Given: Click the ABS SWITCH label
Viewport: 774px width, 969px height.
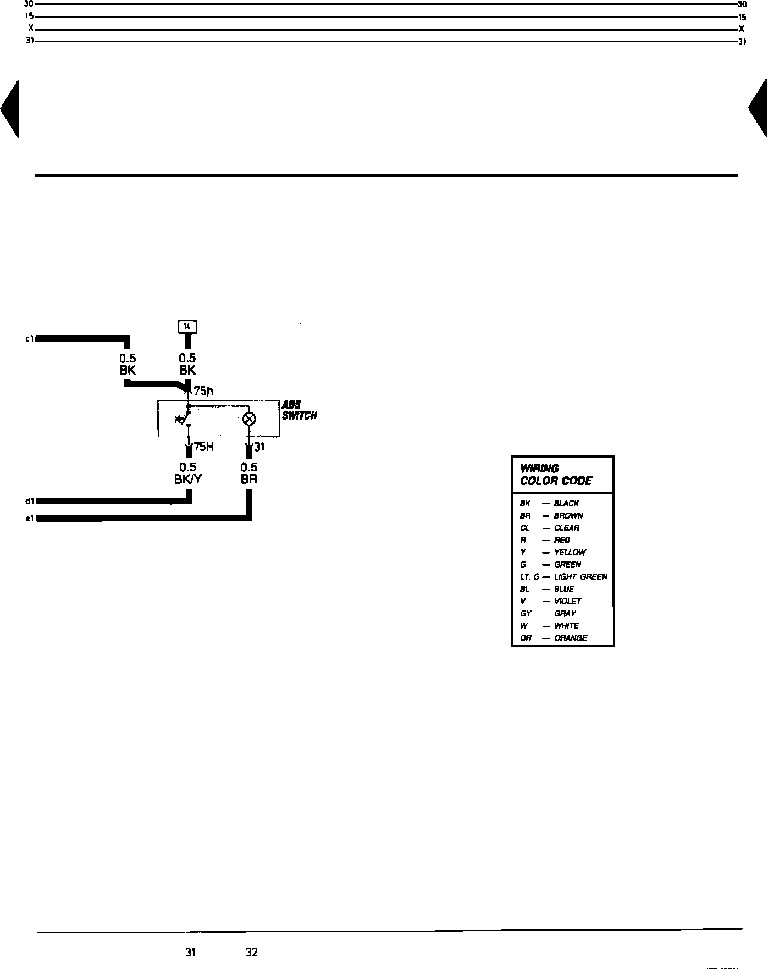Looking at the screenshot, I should pos(299,410).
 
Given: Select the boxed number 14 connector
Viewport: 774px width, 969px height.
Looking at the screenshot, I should pos(187,327).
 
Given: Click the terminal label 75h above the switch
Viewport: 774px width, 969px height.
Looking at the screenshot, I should pos(203,392).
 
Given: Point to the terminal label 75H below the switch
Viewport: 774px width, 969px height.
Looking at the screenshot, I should pos(203,447).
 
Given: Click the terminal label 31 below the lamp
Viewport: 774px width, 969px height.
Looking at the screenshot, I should pos(259,447).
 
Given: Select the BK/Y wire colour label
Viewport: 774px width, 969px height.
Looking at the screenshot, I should pos(188,479).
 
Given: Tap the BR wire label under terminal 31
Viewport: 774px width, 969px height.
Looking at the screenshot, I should pos(249,479).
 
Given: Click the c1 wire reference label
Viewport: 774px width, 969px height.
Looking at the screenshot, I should pos(30,339).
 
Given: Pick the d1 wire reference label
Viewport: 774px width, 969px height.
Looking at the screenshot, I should pos(30,501).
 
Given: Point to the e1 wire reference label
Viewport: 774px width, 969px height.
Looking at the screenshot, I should pos(30,519).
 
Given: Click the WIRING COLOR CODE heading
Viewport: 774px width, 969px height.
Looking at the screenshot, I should pos(556,475).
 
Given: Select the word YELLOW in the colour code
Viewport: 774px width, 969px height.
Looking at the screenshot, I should pos(570,552).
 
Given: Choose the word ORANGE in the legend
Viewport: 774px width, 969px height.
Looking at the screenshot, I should pos(571,638).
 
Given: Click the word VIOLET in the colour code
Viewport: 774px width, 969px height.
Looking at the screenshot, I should pos(568,601).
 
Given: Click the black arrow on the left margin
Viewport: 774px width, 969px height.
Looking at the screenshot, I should pos(11,108).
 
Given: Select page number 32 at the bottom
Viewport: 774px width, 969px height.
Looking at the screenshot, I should pos(252,952).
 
